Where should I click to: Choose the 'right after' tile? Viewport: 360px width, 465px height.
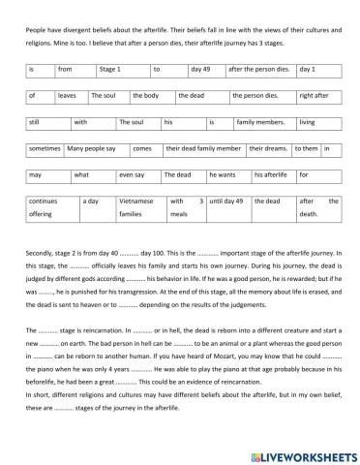pos(318,97)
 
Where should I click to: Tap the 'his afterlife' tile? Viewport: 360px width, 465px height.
pos(273,175)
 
